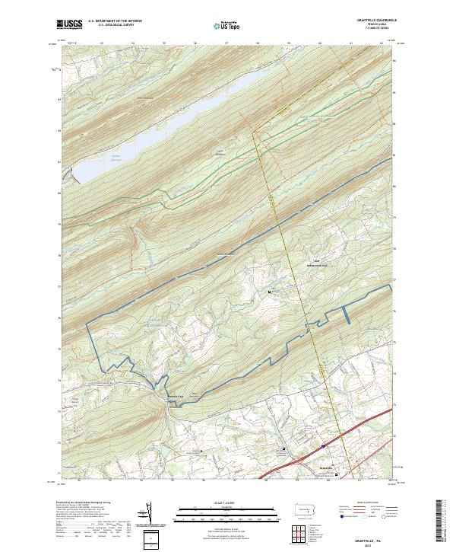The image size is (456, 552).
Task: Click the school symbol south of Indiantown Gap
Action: (271, 292)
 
